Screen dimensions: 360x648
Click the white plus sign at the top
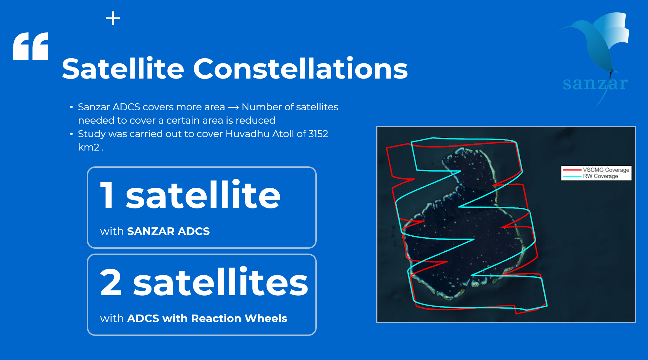tap(113, 19)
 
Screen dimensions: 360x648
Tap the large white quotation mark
tap(31, 47)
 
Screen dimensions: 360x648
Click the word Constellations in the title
tap(300, 69)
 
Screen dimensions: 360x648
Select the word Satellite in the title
tap(123, 69)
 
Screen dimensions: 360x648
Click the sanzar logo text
tap(595, 84)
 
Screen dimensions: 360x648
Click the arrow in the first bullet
tap(233, 107)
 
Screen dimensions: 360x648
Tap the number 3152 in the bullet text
tap(318, 134)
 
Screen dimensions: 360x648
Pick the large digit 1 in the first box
tap(107, 195)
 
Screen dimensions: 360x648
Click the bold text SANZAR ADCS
tap(168, 231)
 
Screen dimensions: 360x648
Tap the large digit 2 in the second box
tap(111, 282)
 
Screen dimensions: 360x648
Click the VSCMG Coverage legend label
tap(606, 170)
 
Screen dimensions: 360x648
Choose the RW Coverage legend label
tap(600, 176)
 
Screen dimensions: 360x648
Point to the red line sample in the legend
tap(572, 170)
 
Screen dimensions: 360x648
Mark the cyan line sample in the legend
tap(572, 176)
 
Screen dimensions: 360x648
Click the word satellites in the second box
tap(220, 282)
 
